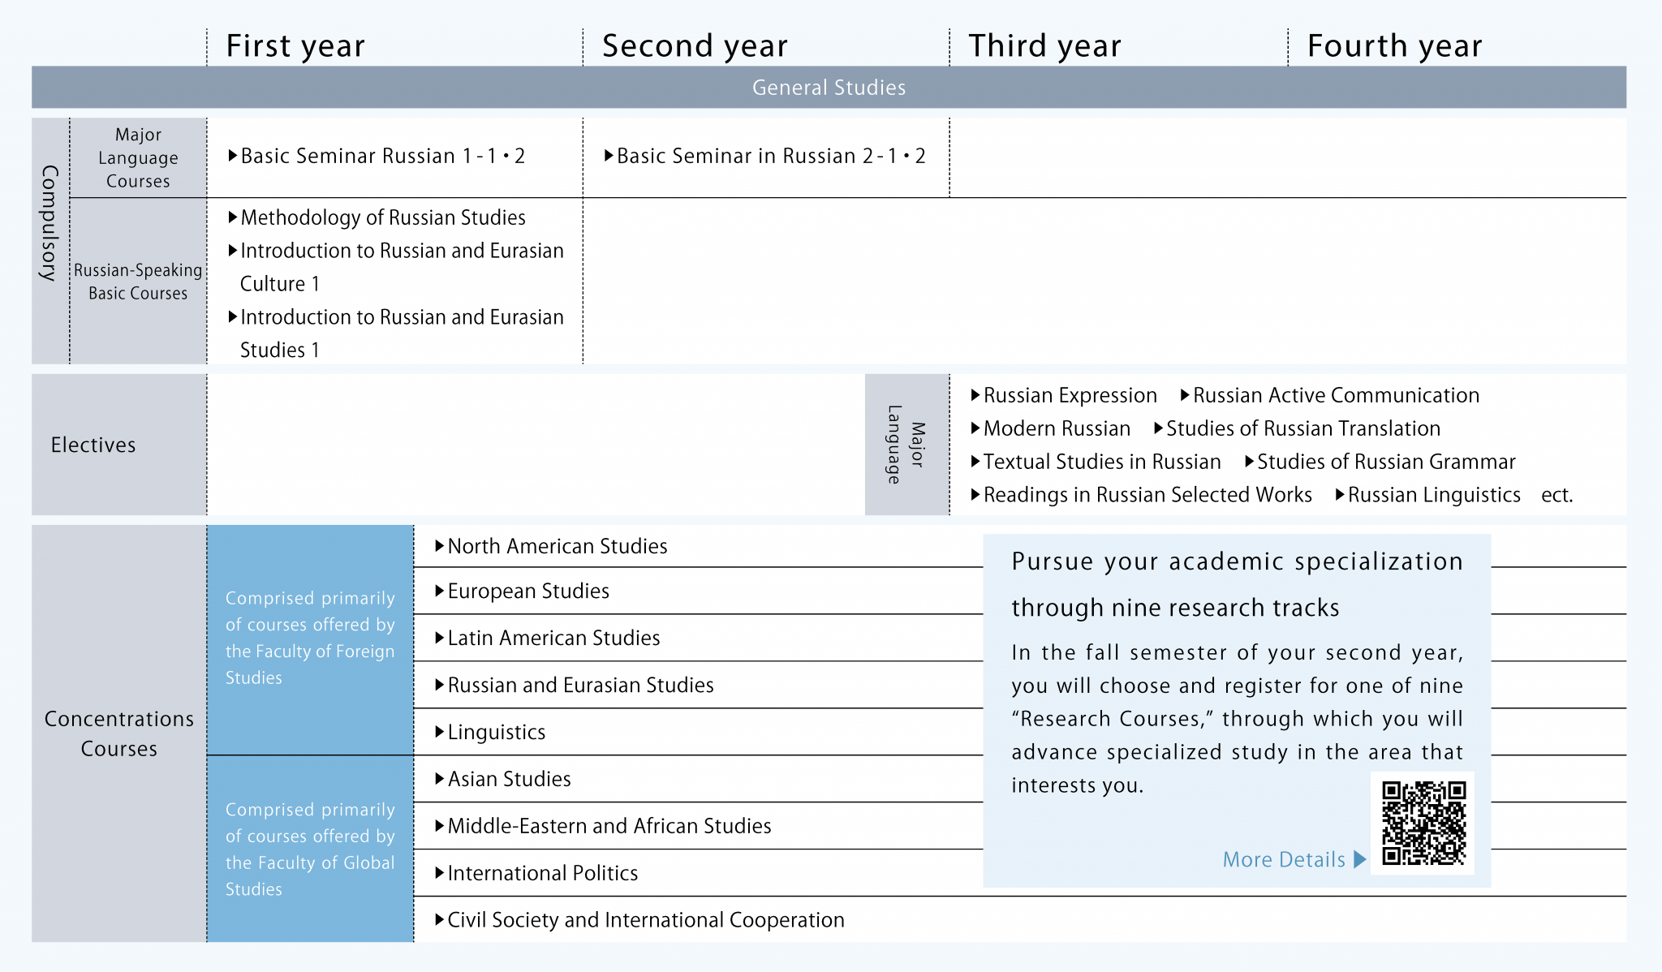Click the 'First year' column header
coord(295,46)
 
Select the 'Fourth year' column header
coord(1394,46)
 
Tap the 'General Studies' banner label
coord(829,88)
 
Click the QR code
coord(1423,823)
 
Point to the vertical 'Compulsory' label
coord(50,223)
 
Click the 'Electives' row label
coord(93,445)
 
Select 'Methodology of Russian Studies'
coord(383,217)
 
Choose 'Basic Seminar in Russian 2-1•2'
coord(771,156)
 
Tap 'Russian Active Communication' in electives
coord(1336,395)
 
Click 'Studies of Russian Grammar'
coord(1386,462)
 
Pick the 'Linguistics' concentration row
coord(497,732)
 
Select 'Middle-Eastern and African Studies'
coord(609,826)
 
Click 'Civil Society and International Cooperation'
coord(646,920)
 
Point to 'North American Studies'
coord(558,546)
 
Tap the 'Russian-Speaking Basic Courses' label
coord(138,282)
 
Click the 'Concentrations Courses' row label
coord(119,733)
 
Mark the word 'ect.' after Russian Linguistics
coord(1557,495)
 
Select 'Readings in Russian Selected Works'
coord(1147,495)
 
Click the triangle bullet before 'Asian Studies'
coord(440,779)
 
